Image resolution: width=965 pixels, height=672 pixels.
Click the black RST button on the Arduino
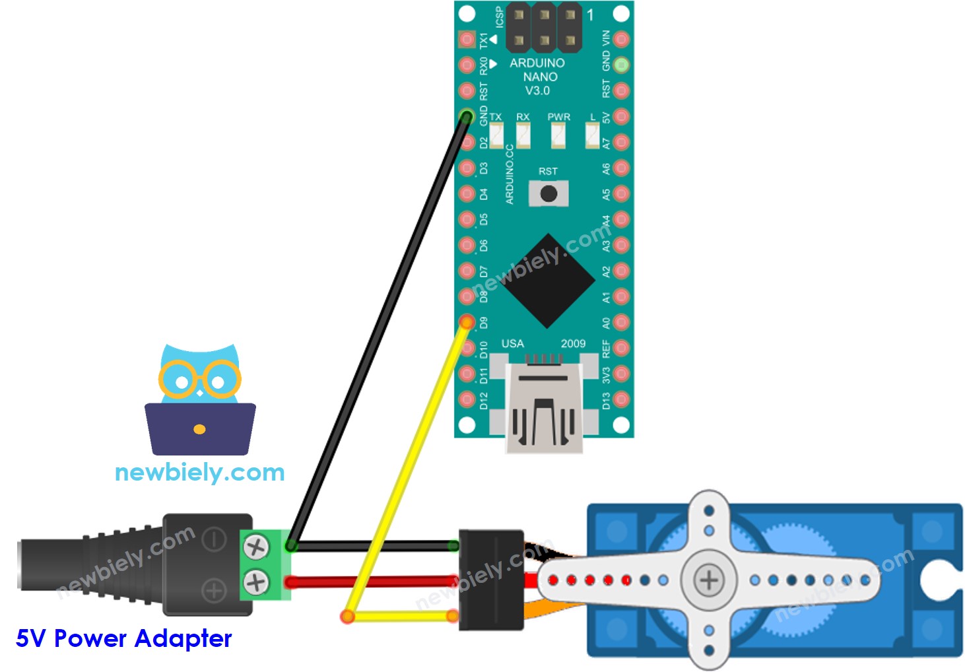[548, 194]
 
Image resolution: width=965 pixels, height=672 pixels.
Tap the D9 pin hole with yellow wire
[467, 322]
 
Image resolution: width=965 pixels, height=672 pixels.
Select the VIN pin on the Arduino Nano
[621, 40]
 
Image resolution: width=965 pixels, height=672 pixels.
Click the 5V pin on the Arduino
[621, 117]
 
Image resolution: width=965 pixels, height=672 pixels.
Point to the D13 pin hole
[621, 399]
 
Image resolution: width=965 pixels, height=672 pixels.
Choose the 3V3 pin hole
[621, 374]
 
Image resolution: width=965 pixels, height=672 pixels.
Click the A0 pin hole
[621, 322]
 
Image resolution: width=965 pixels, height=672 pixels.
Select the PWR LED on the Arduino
[558, 135]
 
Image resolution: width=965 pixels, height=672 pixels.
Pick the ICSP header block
[545, 28]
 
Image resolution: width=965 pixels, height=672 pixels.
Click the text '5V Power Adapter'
[124, 638]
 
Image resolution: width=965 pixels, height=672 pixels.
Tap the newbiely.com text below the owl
[199, 472]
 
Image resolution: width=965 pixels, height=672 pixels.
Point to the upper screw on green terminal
[255, 547]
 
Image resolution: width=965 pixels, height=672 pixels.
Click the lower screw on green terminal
[255, 582]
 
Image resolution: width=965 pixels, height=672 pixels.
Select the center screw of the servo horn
[708, 580]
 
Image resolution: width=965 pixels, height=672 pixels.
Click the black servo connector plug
[491, 580]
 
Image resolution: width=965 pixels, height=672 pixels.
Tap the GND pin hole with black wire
[467, 117]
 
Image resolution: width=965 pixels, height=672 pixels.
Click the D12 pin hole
[467, 399]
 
